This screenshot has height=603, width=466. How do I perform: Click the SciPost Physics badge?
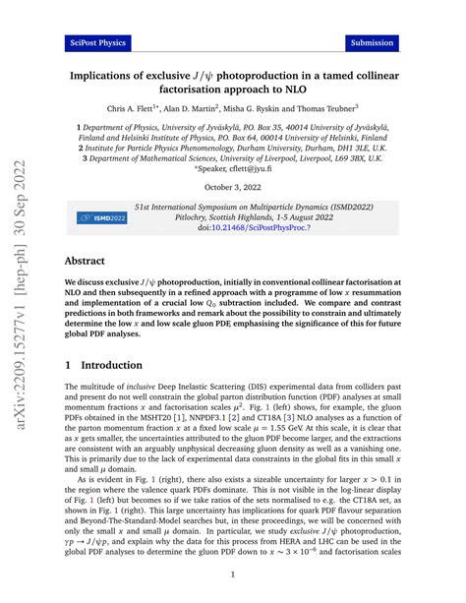point(97,43)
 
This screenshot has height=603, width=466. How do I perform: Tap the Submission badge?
point(373,43)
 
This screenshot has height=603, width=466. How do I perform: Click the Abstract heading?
point(91,264)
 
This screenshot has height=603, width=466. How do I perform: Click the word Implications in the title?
point(111,74)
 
